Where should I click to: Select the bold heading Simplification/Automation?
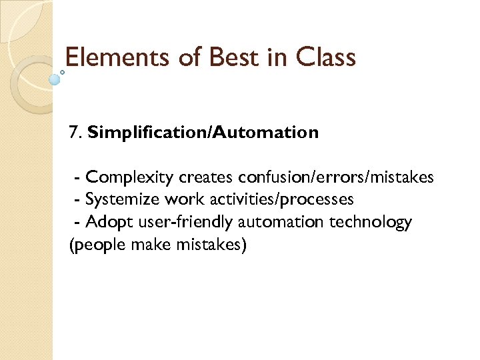pyautogui.click(x=203, y=133)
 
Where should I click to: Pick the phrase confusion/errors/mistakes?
pyautogui.click(x=336, y=177)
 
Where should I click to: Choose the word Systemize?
pyautogui.click(x=123, y=199)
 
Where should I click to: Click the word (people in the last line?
pyautogui.click(x=89, y=245)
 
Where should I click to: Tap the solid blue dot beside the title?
pyautogui.click(x=55, y=79)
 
